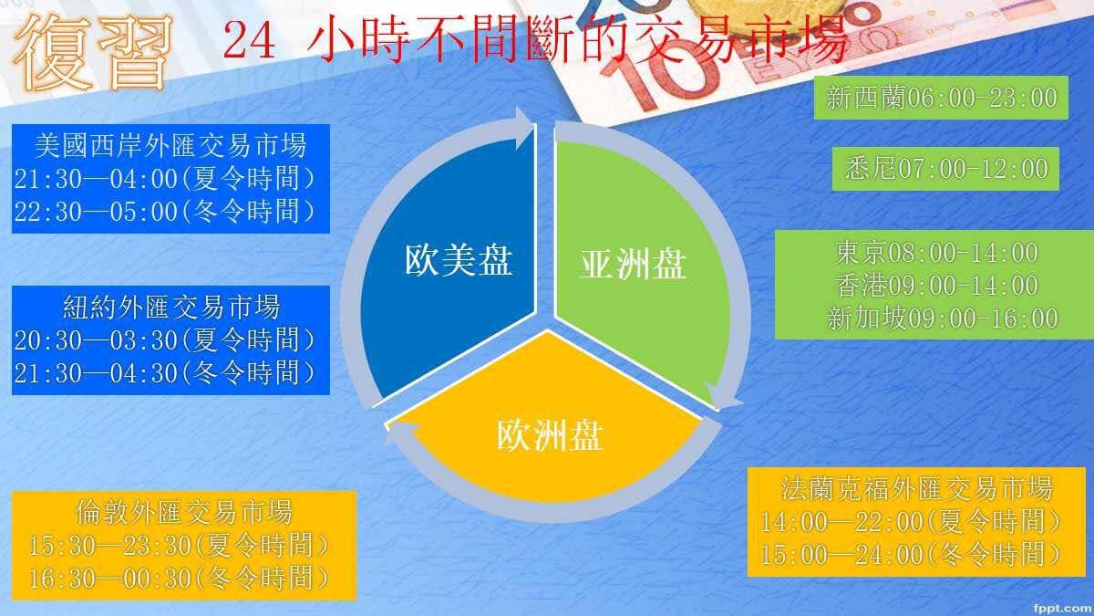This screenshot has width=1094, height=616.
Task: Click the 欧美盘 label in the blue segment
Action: click(458, 263)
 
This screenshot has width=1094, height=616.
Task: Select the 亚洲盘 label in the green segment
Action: click(633, 266)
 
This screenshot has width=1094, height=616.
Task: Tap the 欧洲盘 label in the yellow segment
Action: click(549, 434)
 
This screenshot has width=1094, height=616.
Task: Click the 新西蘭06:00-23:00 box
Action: click(942, 98)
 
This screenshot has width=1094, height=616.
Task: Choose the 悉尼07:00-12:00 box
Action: click(945, 168)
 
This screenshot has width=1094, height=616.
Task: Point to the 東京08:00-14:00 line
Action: click(936, 252)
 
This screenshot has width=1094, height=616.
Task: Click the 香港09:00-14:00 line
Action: click(936, 285)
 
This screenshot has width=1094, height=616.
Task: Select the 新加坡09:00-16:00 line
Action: click(942, 318)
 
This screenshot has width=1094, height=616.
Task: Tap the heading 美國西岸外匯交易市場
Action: click(170, 144)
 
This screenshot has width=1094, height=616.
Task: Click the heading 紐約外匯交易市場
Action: click(170, 306)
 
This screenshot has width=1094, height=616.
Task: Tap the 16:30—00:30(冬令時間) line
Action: click(179, 578)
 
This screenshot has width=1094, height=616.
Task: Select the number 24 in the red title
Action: click(249, 43)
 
